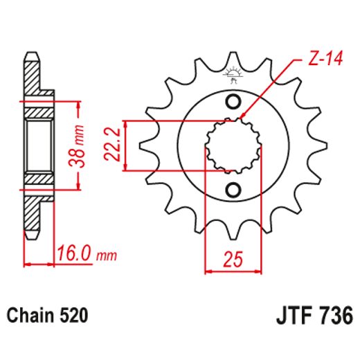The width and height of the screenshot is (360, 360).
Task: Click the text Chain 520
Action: pos(47,316)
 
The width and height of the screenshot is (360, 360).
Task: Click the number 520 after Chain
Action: pos(73,316)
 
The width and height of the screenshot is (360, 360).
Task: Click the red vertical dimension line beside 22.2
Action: pos(130,145)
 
